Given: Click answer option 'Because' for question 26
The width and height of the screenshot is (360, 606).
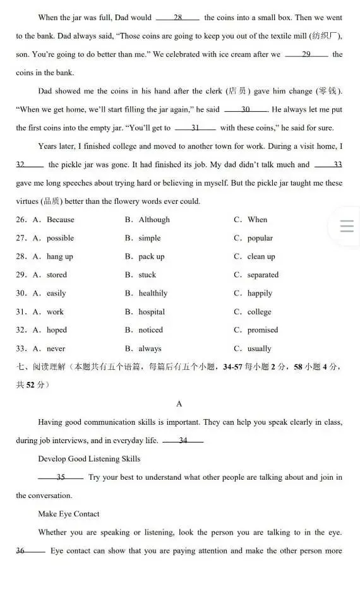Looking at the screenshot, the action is (x=60, y=220).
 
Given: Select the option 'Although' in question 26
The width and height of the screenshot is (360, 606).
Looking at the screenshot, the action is (x=154, y=220).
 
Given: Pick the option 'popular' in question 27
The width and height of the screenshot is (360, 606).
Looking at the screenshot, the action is (x=260, y=238).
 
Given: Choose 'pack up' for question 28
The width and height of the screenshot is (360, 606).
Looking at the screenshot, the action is (x=152, y=256).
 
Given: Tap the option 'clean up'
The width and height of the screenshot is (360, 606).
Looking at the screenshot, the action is (x=261, y=256).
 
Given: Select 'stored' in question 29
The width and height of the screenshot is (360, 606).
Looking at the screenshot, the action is (x=56, y=275).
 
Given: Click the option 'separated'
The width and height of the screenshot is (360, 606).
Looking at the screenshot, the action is (x=263, y=275).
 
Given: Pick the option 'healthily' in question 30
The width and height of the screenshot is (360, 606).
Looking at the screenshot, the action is (x=153, y=293).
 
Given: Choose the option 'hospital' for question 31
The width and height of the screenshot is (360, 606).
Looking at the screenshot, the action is (x=152, y=312).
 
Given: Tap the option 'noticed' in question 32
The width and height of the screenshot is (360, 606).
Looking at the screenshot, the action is (x=150, y=330).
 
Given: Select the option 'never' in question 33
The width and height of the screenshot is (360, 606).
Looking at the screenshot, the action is (x=56, y=348).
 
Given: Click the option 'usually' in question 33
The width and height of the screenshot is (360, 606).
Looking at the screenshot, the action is (x=259, y=348).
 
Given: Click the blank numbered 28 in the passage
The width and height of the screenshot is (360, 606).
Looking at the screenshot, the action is (x=177, y=18).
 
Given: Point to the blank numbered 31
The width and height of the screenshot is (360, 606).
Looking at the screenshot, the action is (x=195, y=128).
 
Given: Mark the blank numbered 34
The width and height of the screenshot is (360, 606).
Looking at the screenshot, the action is (x=183, y=441).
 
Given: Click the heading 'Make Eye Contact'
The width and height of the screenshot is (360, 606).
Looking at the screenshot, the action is (x=69, y=514).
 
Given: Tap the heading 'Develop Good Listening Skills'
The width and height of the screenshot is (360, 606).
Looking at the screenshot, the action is (x=89, y=459).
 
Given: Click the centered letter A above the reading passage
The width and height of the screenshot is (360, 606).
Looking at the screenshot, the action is (x=179, y=403).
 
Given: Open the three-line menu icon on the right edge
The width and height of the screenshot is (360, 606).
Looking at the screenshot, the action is (x=346, y=226).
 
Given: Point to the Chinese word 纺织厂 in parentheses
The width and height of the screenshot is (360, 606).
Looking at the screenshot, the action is (x=325, y=36).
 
